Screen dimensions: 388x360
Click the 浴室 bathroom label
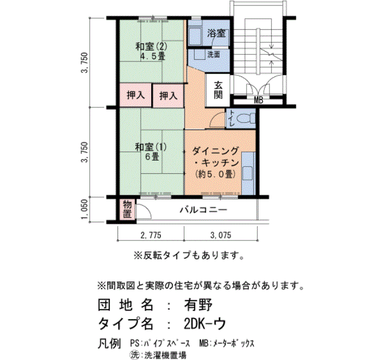[216, 33]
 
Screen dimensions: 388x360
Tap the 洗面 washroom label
[213, 54]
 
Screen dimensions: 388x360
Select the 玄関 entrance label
[218, 90]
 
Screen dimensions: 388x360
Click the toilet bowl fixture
[246, 118]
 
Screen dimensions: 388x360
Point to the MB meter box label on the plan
[258, 100]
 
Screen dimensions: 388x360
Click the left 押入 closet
[135, 95]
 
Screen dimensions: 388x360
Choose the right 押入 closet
[169, 96]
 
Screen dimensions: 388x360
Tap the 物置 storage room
[127, 209]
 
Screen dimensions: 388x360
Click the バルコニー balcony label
[203, 210]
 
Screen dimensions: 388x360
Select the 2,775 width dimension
[151, 235]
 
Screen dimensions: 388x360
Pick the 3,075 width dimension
[221, 235]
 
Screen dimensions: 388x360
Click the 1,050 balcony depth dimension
[85, 209]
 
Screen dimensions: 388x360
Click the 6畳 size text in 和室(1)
[152, 157]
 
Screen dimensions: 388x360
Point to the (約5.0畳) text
[215, 174]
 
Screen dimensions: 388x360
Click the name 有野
[198, 305]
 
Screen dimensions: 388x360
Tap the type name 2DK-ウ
[205, 323]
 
